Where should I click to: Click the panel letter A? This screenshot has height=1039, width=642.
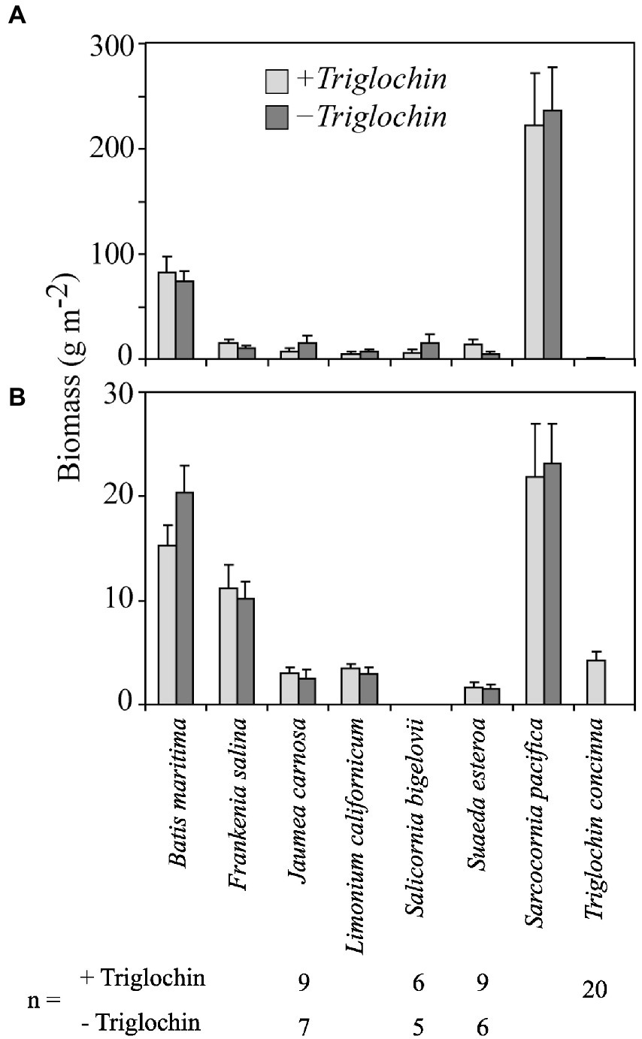tap(16, 17)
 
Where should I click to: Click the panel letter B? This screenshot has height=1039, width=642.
tap(16, 397)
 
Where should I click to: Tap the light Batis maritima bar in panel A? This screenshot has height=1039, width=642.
tap(167, 316)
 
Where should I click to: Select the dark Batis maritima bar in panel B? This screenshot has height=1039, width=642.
tap(185, 598)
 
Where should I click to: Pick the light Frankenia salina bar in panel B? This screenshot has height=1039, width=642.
tap(228, 646)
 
